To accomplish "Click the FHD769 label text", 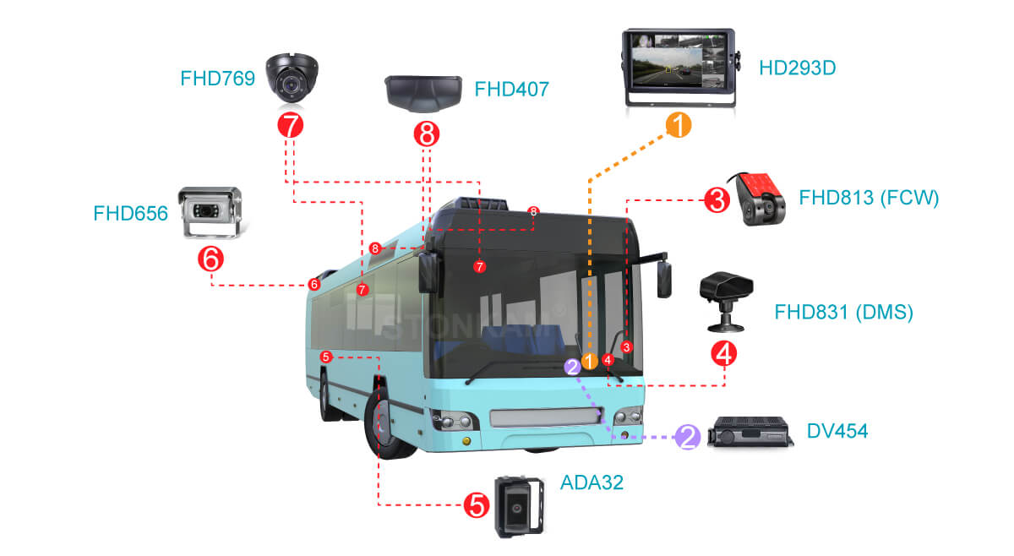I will (218, 79).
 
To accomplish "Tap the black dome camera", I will (291, 77).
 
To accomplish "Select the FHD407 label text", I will (511, 89).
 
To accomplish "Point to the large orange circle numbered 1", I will (678, 125).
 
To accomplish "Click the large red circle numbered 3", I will (717, 201).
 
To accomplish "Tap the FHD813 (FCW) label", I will (869, 199).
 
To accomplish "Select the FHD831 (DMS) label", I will (843, 313).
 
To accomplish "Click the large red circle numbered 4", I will (724, 352).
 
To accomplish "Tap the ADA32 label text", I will (591, 482).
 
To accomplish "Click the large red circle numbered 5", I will (476, 505).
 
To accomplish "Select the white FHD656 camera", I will (212, 211).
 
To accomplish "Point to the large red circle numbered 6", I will (210, 259).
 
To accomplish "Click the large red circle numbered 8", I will (426, 133).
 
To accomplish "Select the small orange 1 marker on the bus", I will (590, 361).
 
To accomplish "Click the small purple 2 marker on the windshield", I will (573, 366).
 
